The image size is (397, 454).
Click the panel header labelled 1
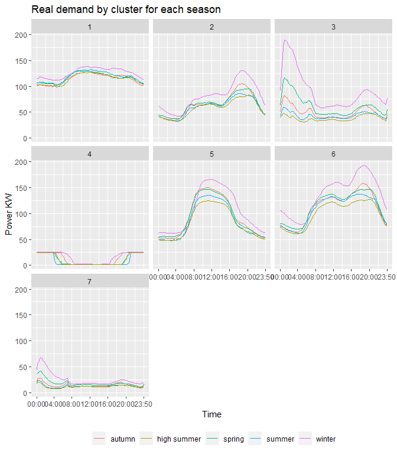pos(90,27)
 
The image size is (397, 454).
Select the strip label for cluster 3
pos(333,27)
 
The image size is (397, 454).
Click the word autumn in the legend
pos(123,439)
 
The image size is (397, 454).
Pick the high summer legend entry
pos(179,439)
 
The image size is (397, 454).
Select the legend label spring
pos(233,439)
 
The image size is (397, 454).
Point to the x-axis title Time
pos(211,414)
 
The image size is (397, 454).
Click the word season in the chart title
pos(205,10)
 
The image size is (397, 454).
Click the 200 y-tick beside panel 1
pos(20,35)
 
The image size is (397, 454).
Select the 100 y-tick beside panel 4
pos(20,213)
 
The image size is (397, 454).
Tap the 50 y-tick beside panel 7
pos(22,367)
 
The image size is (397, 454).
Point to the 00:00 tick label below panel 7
pos(37,404)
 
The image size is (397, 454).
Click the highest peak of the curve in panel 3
pos(285,40)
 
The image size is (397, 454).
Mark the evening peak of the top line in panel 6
pos(363,166)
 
